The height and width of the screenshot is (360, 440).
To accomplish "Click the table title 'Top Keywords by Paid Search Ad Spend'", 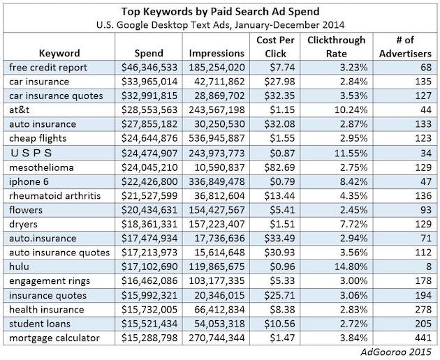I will [x=219, y=11].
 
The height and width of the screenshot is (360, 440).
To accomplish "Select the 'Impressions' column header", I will [x=216, y=53].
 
